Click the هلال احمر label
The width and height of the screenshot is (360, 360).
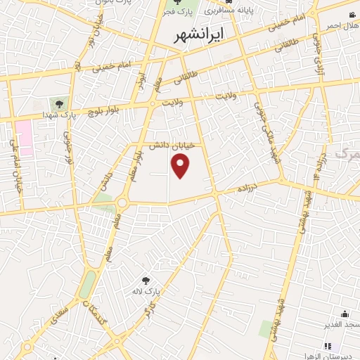[x=341, y=25]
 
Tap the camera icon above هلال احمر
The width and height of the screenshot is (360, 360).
[x=352, y=14]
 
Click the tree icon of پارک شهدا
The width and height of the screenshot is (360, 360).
[x=58, y=104]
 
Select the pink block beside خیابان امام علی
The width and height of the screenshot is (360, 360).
[x=25, y=138]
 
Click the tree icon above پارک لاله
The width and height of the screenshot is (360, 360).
[x=146, y=281]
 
